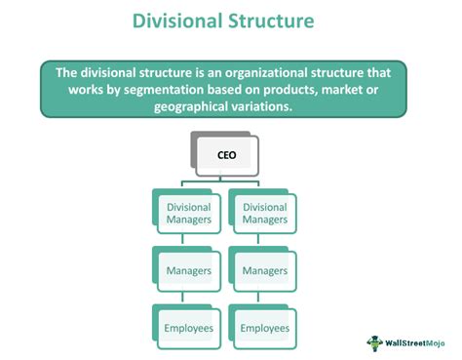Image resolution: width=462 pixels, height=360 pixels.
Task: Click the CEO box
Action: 226,153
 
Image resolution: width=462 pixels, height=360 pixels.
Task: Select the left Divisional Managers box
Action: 189,213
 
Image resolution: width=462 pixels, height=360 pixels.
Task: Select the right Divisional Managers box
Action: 264,213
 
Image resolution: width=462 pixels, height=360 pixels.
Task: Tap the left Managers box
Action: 189,270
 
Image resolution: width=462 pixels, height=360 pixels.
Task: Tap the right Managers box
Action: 264,270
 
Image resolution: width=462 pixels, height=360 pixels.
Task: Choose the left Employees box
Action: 189,328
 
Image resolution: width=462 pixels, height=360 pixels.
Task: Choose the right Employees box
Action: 264,328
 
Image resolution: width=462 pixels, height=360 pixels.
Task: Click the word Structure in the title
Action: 284,21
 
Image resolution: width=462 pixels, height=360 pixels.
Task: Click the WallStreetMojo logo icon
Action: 372,342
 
